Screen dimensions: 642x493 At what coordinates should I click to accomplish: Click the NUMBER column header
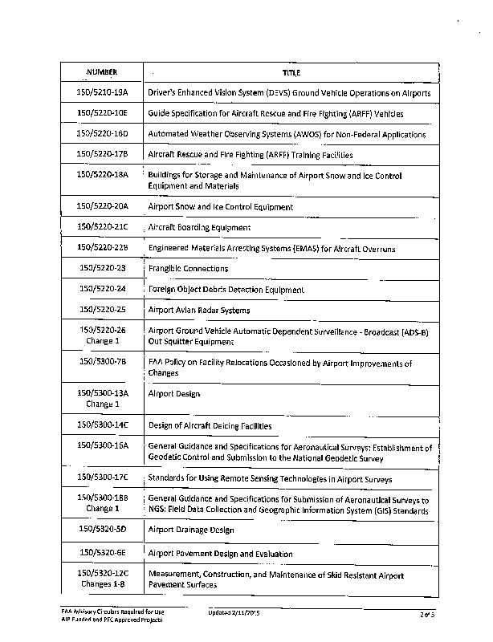click(x=101, y=72)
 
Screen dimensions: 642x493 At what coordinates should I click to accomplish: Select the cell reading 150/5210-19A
click(x=102, y=93)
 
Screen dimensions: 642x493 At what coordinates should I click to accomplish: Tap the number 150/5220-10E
click(x=102, y=113)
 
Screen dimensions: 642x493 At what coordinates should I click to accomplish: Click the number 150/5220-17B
click(x=102, y=154)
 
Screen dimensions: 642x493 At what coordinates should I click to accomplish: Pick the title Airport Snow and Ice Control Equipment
click(x=220, y=207)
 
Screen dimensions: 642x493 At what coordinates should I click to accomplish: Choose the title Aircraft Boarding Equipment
click(x=199, y=228)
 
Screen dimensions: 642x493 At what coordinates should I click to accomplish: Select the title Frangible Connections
click(x=188, y=269)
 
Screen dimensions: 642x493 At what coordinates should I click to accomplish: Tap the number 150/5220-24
click(x=102, y=289)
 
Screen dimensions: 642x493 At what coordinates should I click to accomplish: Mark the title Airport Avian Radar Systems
click(x=198, y=310)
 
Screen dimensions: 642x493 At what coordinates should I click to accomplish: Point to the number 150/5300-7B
click(x=102, y=362)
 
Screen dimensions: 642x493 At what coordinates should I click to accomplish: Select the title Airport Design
click(x=173, y=394)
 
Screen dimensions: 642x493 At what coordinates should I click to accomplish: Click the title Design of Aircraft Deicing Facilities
click(x=210, y=425)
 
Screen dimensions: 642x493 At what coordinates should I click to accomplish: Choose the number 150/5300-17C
click(x=102, y=478)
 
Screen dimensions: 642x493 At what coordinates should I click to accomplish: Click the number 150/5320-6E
click(x=102, y=553)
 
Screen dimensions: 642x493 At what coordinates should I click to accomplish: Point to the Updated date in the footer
click(x=236, y=613)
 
